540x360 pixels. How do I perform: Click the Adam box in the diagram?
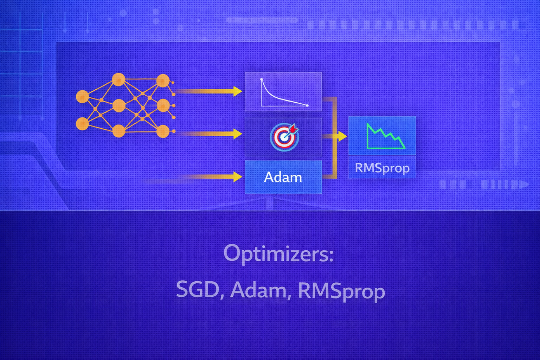click(x=283, y=177)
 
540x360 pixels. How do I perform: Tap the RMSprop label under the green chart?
click(x=382, y=168)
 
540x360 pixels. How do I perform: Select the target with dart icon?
click(x=284, y=137)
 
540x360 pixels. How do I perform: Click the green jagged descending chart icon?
click(x=386, y=136)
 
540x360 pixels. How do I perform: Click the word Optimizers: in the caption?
click(x=278, y=254)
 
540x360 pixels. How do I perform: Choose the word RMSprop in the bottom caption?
click(x=341, y=291)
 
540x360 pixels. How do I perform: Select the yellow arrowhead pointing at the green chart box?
click(x=342, y=136)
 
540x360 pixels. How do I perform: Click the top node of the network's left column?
click(x=82, y=96)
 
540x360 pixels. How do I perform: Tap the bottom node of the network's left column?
click(x=82, y=124)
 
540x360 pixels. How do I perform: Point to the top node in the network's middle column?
click(x=118, y=79)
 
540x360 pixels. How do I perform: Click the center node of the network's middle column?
click(x=119, y=105)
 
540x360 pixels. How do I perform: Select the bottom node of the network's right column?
click(x=163, y=131)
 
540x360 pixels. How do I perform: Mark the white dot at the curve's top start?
click(x=261, y=79)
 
